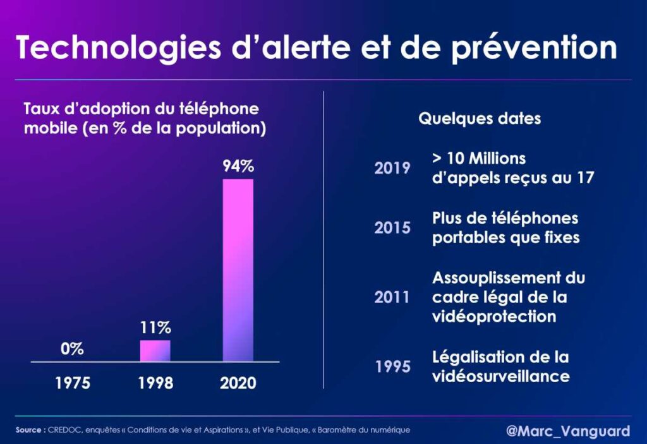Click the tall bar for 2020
(x=238, y=270)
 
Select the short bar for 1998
(x=155, y=351)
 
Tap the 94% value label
(x=238, y=167)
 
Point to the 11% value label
(x=155, y=328)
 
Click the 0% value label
(x=72, y=349)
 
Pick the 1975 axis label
(x=72, y=383)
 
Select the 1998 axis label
(x=155, y=383)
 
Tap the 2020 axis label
(x=238, y=383)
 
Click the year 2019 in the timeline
(x=392, y=168)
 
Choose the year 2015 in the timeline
(x=392, y=228)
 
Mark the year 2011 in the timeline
(x=392, y=297)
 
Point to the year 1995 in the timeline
(x=392, y=367)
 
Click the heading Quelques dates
(x=480, y=119)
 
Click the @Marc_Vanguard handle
(x=568, y=431)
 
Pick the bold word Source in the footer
(x=30, y=430)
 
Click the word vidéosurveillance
(x=501, y=376)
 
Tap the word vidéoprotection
(x=494, y=316)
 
